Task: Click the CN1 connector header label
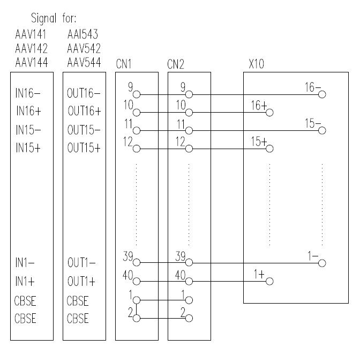click(124, 65)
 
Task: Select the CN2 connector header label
click(176, 65)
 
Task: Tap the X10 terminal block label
click(256, 65)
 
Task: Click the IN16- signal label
click(28, 93)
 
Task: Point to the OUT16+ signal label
click(84, 112)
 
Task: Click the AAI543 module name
click(84, 35)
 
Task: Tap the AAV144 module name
click(32, 62)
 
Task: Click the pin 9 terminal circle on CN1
click(136, 94)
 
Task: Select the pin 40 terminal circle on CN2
click(189, 281)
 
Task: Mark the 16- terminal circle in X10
click(321, 94)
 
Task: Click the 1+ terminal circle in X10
click(269, 281)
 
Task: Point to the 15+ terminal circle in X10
click(269, 149)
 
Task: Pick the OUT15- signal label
click(84, 130)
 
